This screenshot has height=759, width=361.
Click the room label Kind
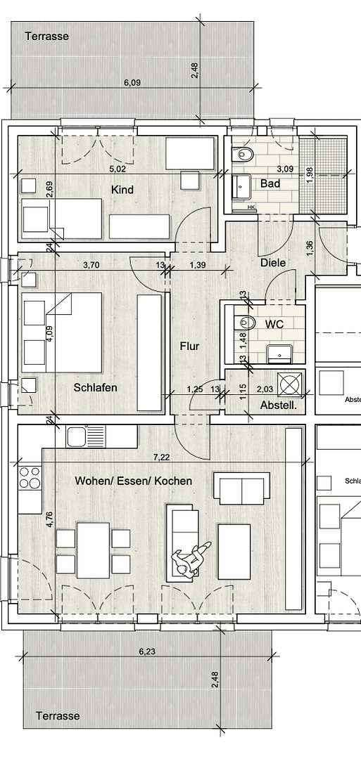(122, 190)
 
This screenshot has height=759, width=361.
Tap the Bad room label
(270, 183)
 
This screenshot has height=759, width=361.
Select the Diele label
(273, 262)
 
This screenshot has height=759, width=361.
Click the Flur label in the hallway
(189, 346)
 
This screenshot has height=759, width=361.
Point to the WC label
(274, 325)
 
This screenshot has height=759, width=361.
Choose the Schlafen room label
(95, 387)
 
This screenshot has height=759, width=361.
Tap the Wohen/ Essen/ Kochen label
(134, 481)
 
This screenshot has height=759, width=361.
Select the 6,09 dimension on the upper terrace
(132, 82)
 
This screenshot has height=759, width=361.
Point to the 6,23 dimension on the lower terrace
(146, 651)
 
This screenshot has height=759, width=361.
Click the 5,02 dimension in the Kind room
(118, 169)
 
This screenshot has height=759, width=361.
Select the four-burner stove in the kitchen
(30, 478)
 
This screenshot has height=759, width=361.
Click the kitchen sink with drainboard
(86, 436)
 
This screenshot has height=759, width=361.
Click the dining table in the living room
(93, 550)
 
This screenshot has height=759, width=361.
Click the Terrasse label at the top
(47, 36)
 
